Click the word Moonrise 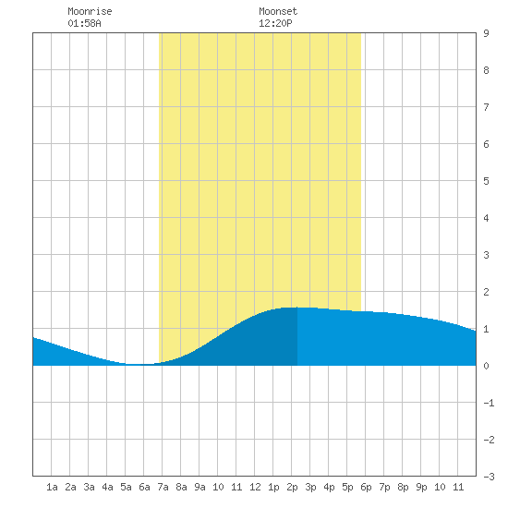pos(90,11)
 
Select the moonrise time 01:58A pos(85,23)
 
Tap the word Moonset pos(278,11)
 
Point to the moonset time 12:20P pos(275,23)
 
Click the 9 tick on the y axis pos(486,33)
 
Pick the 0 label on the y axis pos(486,366)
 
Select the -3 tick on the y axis pos(490,477)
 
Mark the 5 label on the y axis pos(486,181)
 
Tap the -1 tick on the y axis pos(490,403)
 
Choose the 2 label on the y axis pos(486,292)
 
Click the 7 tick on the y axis pos(486,107)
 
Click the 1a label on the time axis pos(52,487)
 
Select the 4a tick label pos(107,487)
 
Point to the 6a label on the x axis pos(144,487)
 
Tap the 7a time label pos(163,487)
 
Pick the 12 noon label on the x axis pos(255,487)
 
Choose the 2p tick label pos(292,487)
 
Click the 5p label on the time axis pos(347,487)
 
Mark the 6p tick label pos(366,487)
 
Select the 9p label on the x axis pos(421,487)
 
